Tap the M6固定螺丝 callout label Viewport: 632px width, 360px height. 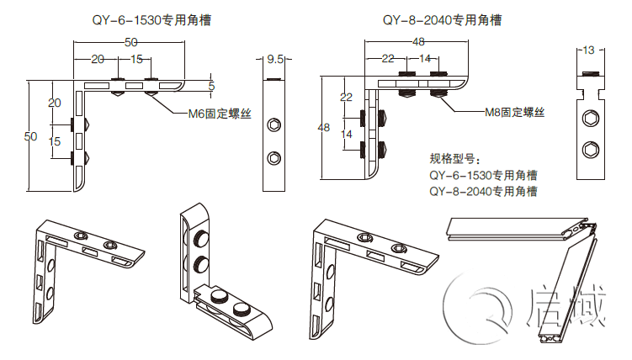tap(218, 111)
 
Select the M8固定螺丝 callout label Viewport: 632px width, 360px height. tap(514, 112)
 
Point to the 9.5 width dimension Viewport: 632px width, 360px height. tap(274, 61)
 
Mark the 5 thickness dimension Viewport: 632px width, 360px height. tap(211, 86)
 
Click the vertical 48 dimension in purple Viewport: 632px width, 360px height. tap(323, 127)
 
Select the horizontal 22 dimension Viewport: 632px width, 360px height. tap(388, 59)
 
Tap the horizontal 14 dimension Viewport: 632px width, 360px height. tap(424, 59)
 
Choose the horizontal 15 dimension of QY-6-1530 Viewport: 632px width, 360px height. tap(136, 60)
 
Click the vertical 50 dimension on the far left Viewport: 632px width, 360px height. tap(29, 136)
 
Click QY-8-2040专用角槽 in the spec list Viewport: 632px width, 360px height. tap(483, 192)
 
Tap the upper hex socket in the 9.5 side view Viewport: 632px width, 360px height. tap(274, 125)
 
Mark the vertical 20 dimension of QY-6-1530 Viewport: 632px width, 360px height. tap(55, 103)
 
